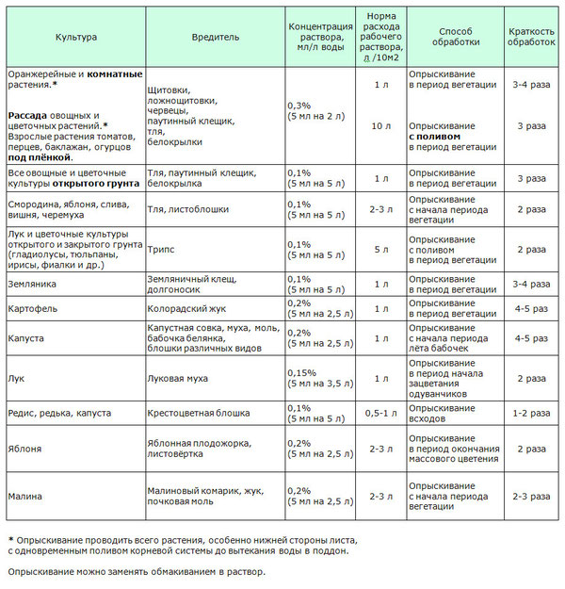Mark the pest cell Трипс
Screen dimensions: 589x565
coord(163,250)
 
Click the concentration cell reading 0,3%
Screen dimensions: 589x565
coord(298,105)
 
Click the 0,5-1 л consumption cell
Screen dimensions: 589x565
coord(380,413)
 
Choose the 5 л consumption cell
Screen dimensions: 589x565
coord(380,250)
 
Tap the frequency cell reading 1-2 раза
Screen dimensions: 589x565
coord(531,413)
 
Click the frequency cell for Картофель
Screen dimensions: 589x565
coord(531,308)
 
